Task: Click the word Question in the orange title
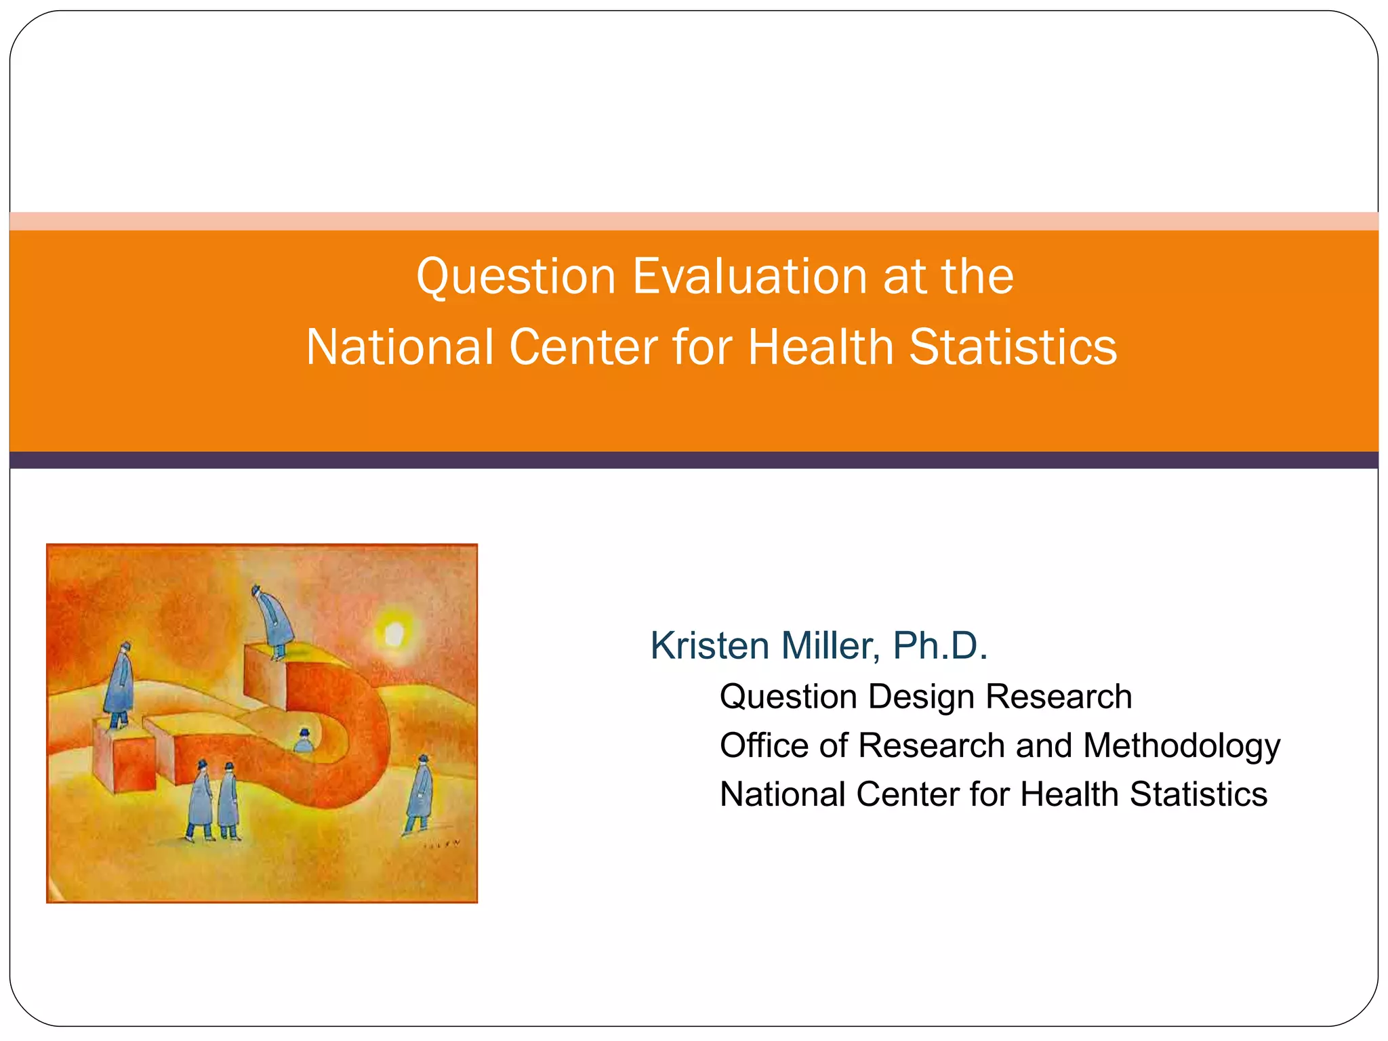coord(516,277)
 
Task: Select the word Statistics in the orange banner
coord(1013,347)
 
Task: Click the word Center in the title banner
coord(584,347)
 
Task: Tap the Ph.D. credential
coord(940,645)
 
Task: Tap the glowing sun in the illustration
coord(394,635)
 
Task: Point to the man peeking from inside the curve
coord(304,741)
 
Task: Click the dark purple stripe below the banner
coord(694,460)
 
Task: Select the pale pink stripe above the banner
coord(694,221)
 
